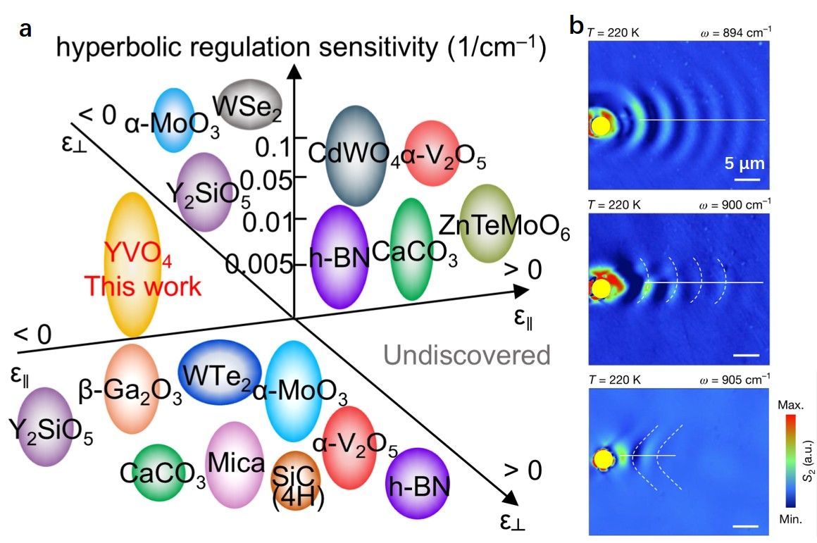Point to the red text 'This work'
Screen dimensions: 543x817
click(142, 287)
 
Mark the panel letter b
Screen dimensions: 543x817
click(576, 26)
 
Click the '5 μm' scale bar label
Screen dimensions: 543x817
click(745, 164)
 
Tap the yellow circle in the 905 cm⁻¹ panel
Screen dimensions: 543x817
click(602, 460)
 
